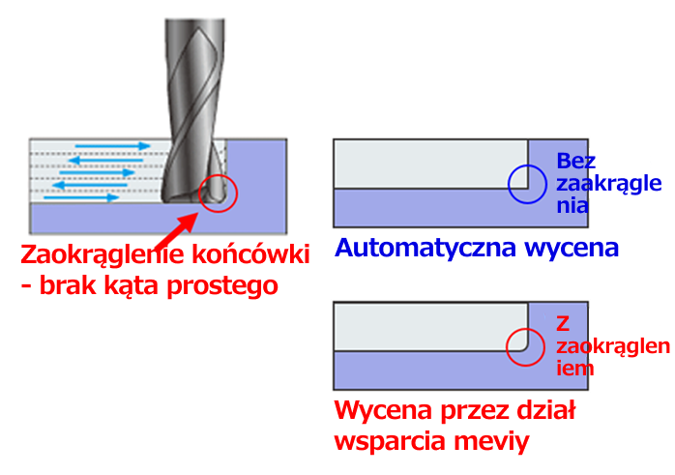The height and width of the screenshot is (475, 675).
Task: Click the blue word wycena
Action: (572, 248)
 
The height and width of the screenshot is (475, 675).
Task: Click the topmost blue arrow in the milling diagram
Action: (112, 146)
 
